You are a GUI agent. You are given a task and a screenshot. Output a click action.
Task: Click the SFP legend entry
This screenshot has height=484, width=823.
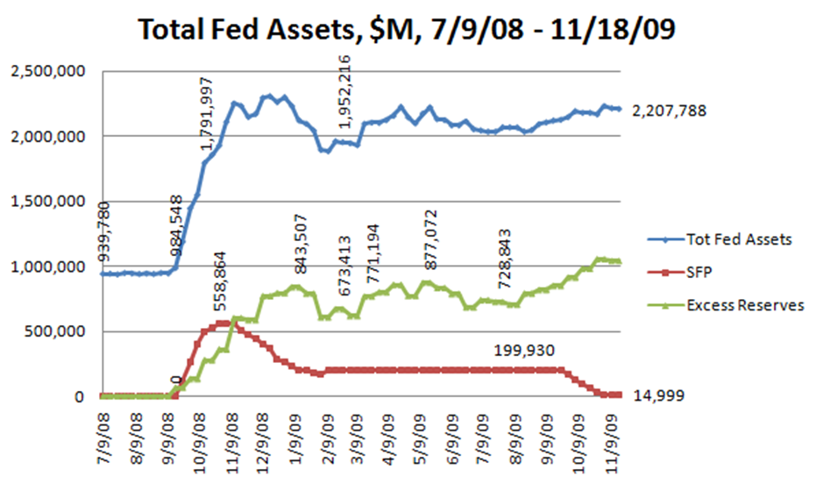tap(700, 273)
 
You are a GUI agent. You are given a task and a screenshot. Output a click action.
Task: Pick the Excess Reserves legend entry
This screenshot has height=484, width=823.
tap(744, 305)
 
